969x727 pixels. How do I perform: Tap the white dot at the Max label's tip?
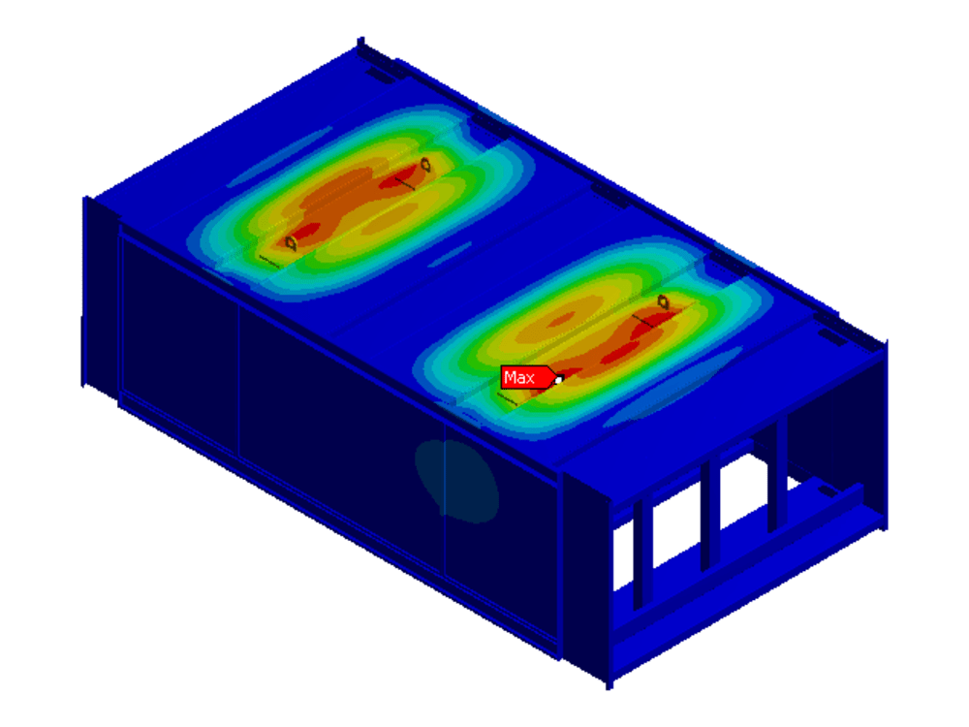(x=559, y=380)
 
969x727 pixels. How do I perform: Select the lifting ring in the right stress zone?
(x=663, y=301)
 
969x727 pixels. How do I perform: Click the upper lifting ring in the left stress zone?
(x=425, y=165)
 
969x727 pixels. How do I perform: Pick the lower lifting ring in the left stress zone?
(x=291, y=243)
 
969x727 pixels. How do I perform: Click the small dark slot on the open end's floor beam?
(x=827, y=491)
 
